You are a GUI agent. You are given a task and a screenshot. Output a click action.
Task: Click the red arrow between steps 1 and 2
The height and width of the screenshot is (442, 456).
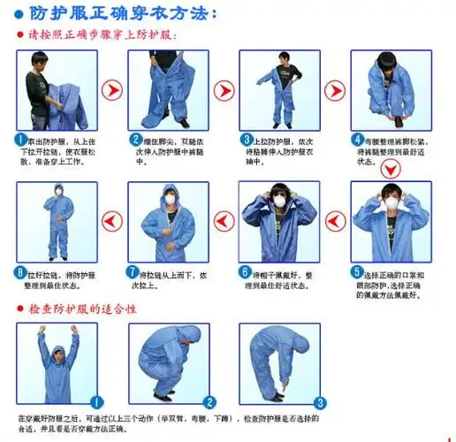click(x=111, y=89)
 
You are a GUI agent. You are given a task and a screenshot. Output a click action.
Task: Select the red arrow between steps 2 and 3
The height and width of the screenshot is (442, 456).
click(x=224, y=89)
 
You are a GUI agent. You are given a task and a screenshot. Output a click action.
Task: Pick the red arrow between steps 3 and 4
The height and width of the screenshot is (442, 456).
click(x=335, y=89)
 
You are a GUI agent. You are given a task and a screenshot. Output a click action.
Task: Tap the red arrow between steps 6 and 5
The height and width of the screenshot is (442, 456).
click(x=335, y=219)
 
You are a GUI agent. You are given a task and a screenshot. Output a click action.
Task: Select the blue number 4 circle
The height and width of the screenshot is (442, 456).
click(x=358, y=140)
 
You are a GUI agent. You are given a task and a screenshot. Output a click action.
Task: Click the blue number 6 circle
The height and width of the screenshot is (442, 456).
click(x=247, y=271)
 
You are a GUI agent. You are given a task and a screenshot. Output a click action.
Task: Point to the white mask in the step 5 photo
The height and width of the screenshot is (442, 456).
click(x=390, y=205)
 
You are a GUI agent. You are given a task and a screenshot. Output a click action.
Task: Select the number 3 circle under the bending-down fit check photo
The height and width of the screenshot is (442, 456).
click(x=321, y=400)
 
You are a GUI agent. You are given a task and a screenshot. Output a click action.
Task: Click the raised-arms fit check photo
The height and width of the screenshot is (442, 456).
click(x=56, y=362)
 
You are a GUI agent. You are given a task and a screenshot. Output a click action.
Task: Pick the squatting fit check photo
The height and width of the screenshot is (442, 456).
click(x=168, y=362)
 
